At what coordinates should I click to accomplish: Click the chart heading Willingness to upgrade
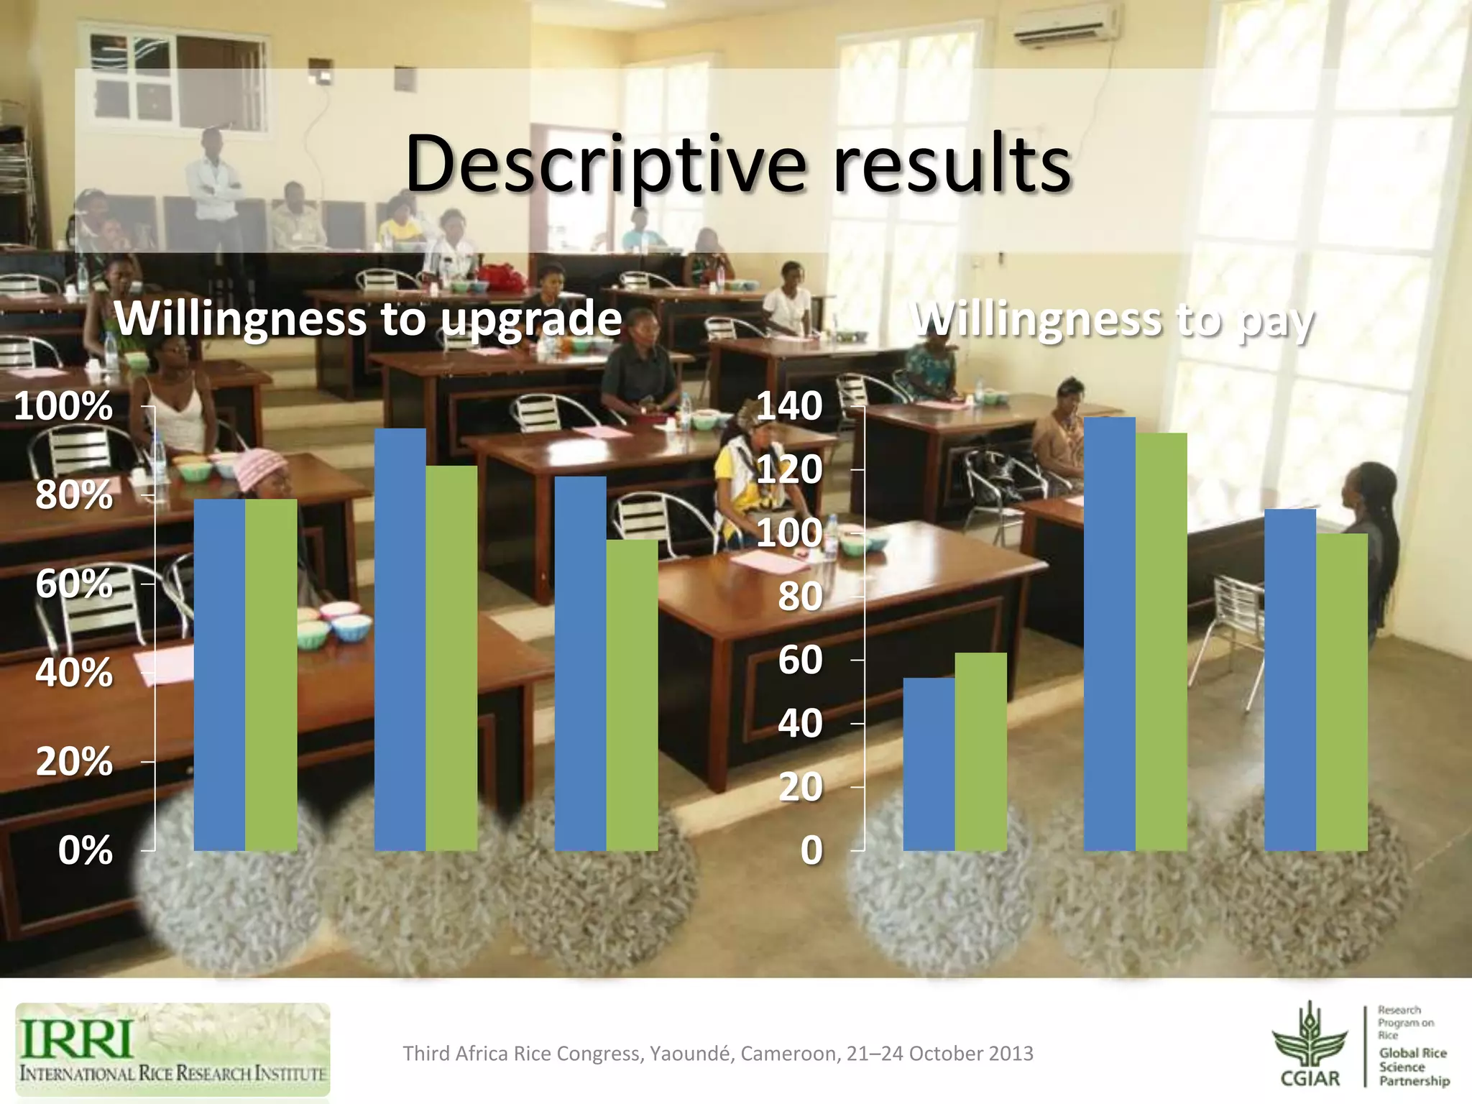[368, 318]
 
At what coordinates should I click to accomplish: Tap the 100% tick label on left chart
[63, 406]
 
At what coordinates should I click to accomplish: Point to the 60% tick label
[74, 584]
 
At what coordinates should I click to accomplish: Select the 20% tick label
[74, 761]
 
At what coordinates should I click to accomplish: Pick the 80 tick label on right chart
[800, 597]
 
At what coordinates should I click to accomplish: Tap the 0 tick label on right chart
[811, 850]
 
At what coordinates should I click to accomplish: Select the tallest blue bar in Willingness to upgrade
[400, 640]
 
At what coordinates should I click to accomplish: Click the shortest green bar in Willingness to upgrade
[632, 695]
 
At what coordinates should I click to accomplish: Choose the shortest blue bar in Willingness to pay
[929, 764]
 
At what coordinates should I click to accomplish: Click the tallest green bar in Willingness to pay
[1161, 642]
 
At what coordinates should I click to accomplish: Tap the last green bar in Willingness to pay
[1341, 692]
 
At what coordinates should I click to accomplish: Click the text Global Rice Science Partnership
[1412, 1067]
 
